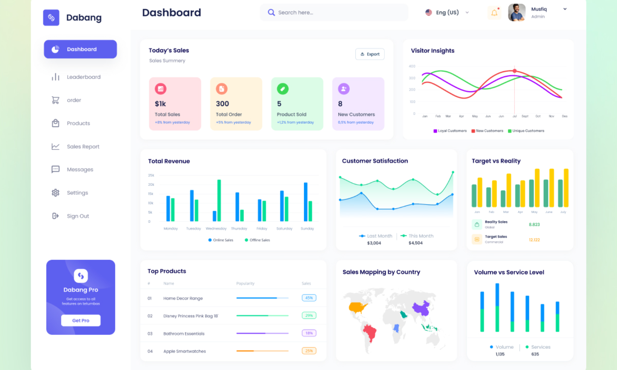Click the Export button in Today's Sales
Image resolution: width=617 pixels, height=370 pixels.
point(370,54)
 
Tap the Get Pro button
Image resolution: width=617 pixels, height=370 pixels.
point(81,320)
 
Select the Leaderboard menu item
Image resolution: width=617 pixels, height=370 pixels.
point(83,77)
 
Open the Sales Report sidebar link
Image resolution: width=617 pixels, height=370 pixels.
point(83,146)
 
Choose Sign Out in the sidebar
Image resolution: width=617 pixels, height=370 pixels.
point(78,216)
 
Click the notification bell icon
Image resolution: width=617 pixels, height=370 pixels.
point(494,13)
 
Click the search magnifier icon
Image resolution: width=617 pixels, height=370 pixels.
point(271,13)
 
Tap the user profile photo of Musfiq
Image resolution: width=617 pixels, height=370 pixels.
point(517,12)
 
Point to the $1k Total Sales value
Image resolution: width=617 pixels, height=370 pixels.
point(160,104)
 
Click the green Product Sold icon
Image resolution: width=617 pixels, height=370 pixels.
point(283,89)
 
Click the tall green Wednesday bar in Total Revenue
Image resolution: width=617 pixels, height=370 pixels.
point(219,200)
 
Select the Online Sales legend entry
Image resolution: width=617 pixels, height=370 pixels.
point(221,240)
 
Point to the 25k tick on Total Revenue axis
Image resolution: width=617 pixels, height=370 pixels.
point(151,175)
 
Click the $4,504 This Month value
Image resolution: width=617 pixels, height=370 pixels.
point(416,243)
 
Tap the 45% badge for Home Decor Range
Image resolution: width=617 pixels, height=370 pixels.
point(309,298)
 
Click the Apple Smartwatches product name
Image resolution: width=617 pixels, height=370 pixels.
point(184,351)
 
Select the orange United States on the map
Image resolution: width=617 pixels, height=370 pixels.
point(357,307)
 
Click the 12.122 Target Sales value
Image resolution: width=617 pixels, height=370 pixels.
point(534,240)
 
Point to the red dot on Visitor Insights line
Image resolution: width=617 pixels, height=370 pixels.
point(514,71)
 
